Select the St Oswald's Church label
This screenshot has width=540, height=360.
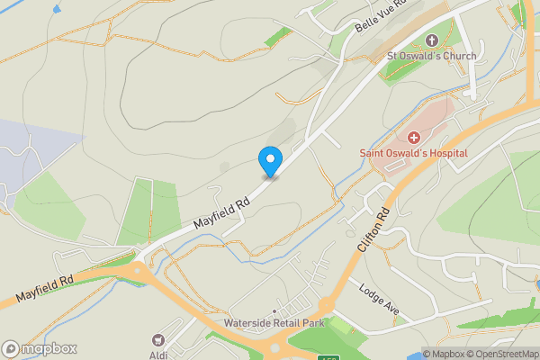coord(431,57)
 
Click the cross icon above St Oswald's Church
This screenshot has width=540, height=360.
coord(431,40)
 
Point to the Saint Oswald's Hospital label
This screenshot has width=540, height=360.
coord(414,154)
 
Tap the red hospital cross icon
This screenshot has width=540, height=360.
coord(414,138)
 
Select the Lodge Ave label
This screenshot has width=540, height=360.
coord(378,301)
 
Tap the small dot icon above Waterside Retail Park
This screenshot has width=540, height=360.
coord(274,312)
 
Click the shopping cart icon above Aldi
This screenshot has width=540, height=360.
coord(159,340)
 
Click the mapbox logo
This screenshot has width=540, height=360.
coord(40,348)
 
